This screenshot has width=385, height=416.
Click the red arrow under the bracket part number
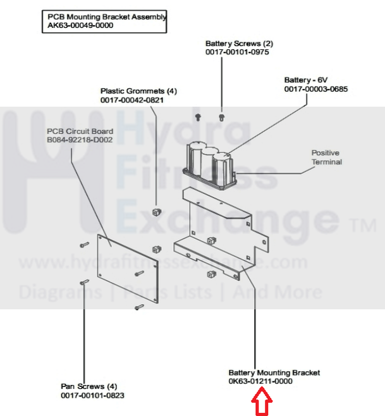[x=261, y=401]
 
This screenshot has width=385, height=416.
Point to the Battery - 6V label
[x=307, y=80]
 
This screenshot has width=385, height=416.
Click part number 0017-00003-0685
[x=315, y=89]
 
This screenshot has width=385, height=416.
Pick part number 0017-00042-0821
[x=131, y=100]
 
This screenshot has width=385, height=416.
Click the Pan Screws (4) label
[x=89, y=386]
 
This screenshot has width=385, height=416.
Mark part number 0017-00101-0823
[x=92, y=395]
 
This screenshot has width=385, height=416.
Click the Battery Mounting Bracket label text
[x=274, y=372]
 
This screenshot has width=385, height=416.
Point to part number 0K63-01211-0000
[x=260, y=381]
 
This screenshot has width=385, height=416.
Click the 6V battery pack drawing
[x=209, y=166]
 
